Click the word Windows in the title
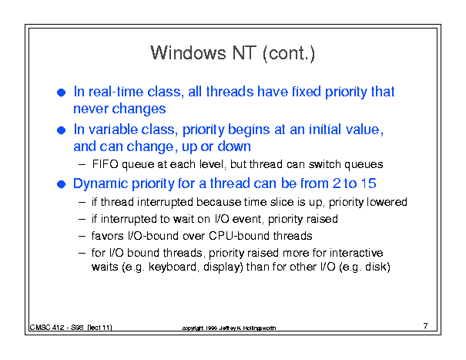(x=188, y=53)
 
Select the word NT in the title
(x=244, y=53)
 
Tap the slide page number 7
(x=426, y=326)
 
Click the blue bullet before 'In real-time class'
(x=61, y=93)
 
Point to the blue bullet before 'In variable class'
(x=61, y=130)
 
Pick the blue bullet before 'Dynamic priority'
(x=61, y=184)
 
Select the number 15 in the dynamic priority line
(x=368, y=183)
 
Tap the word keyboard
(x=173, y=267)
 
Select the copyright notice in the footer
(x=229, y=328)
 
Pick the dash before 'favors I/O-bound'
(x=82, y=236)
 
